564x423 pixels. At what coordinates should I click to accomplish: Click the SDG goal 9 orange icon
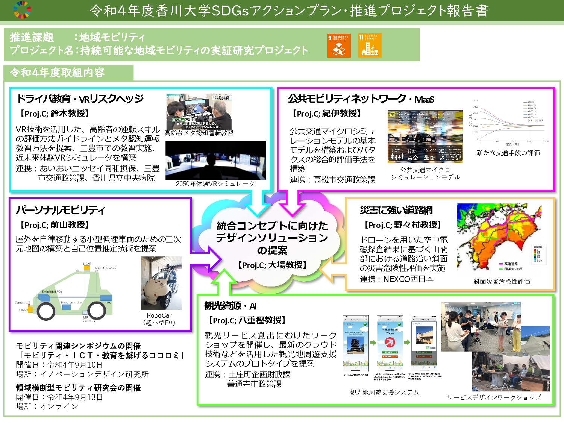tap(338, 46)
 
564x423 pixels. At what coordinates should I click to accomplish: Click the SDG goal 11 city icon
tap(370, 46)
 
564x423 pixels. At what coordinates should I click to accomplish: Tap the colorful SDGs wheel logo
tap(22, 10)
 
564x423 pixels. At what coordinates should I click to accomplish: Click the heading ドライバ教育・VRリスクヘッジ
tap(80, 99)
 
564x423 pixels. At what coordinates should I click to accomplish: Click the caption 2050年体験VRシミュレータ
tap(215, 184)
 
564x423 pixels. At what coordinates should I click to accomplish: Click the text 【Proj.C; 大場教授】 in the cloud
tap(272, 265)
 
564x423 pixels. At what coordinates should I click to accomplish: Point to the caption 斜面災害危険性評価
tap(502, 281)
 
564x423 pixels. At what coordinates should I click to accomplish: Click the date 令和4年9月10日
tap(74, 365)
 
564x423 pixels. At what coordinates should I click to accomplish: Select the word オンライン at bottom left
tap(59, 406)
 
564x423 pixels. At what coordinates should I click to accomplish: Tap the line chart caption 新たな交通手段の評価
tap(508, 153)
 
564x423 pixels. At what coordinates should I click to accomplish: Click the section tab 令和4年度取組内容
tap(57, 73)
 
